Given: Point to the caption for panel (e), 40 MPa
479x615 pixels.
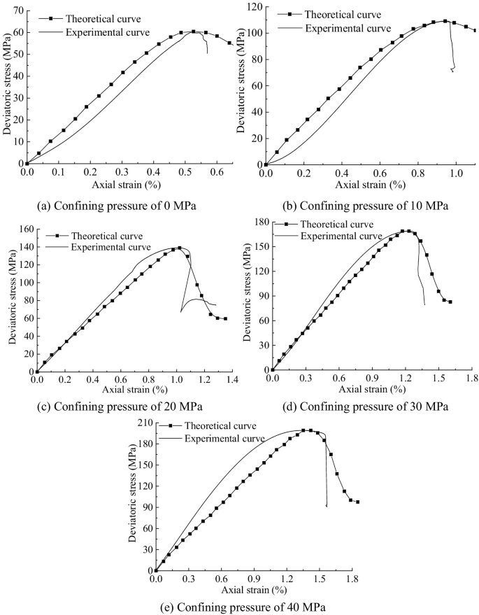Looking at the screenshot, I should (x=243, y=606).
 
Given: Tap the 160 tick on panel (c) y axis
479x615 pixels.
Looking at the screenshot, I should (x=22, y=229).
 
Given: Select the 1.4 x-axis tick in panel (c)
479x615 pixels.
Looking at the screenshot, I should (x=231, y=380).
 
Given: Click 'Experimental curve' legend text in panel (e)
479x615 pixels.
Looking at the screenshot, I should (x=224, y=438).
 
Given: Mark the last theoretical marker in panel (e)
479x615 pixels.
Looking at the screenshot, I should (x=357, y=502).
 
